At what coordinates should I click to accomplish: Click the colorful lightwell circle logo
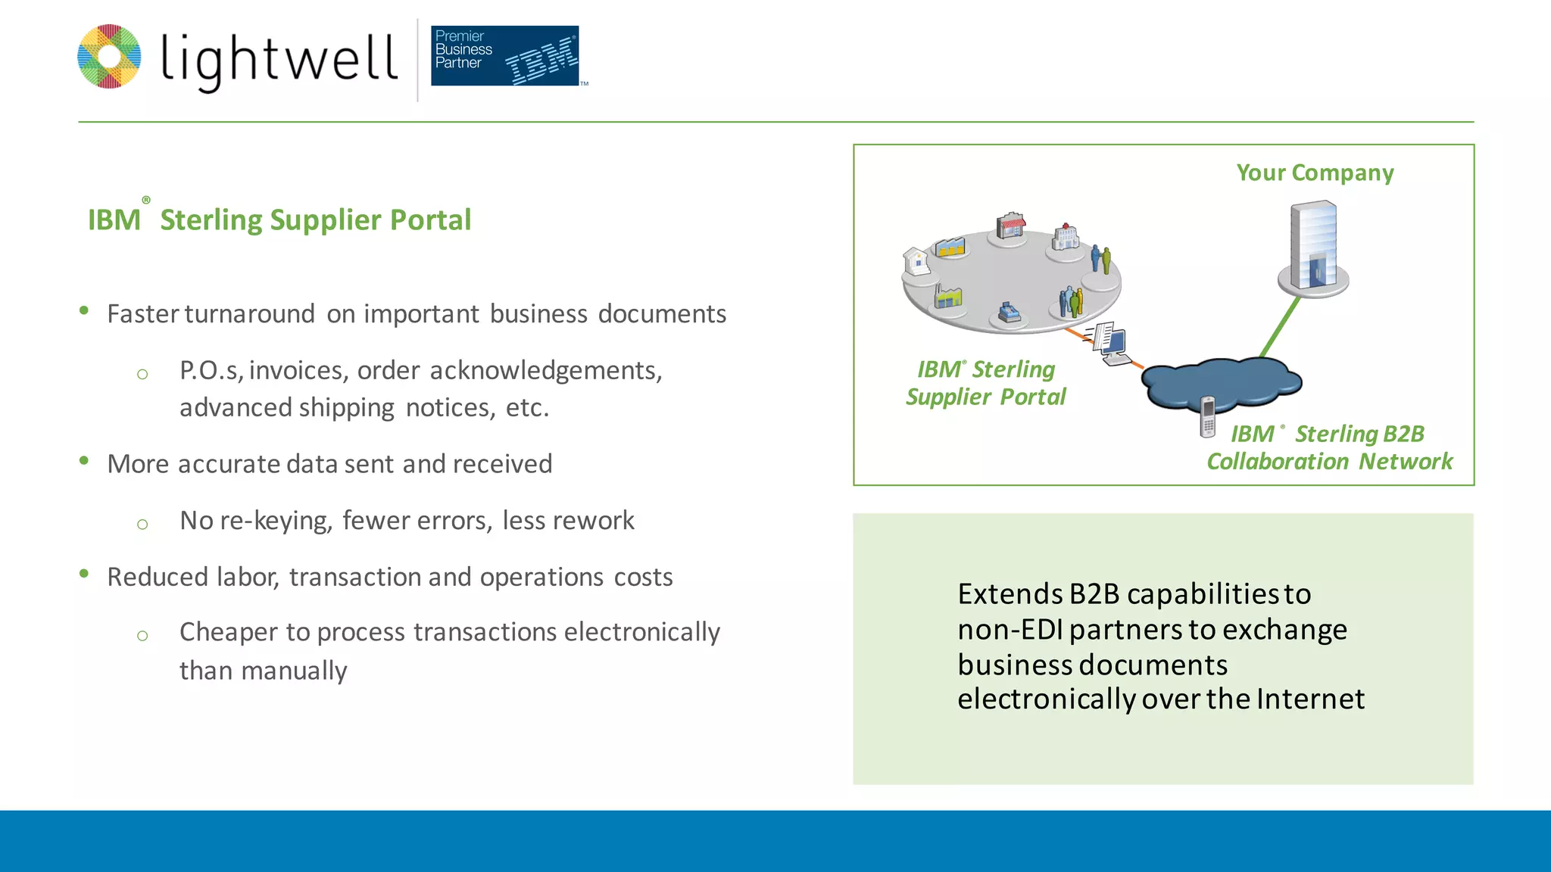(x=110, y=57)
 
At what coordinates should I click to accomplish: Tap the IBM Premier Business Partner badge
(x=505, y=56)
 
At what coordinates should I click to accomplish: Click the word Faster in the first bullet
(x=143, y=314)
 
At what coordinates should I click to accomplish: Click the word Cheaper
(x=228, y=633)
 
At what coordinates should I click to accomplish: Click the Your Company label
(x=1315, y=173)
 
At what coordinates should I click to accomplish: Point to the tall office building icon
(x=1313, y=247)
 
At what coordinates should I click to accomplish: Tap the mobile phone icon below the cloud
(x=1207, y=416)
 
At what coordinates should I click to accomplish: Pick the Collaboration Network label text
(x=1329, y=462)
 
